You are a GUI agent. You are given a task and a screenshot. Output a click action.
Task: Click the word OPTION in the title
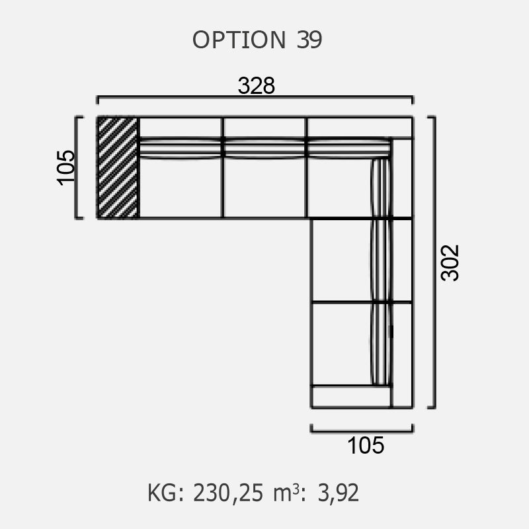(239, 40)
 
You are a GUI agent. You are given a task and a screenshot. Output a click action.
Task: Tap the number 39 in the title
(309, 40)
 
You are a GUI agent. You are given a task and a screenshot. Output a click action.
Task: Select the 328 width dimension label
(257, 86)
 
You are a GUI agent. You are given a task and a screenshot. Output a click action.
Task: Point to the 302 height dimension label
(450, 263)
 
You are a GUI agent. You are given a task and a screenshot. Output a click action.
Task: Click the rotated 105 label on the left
(65, 167)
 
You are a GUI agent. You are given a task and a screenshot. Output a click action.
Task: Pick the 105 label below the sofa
(366, 445)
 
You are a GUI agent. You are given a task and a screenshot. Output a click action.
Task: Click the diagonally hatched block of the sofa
(118, 168)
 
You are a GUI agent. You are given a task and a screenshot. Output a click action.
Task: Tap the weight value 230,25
(228, 493)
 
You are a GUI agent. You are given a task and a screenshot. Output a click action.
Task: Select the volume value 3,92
(339, 493)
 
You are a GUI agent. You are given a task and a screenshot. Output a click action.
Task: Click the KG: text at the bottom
(166, 493)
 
